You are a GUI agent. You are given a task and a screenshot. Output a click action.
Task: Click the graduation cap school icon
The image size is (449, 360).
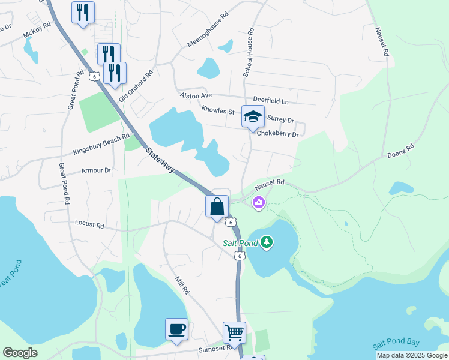pos(253,116)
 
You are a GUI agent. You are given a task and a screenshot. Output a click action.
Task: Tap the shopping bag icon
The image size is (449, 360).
pos(217,206)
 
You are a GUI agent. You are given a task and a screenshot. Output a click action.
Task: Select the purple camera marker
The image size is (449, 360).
pos(259,203)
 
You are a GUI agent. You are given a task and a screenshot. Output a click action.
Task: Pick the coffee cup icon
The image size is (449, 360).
pos(176,329)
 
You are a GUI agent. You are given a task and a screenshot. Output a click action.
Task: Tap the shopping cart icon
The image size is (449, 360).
pos(234,332)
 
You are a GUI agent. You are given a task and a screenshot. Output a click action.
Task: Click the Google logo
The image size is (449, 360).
pos(20,353)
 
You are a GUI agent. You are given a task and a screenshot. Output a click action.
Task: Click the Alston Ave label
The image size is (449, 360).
pos(196,95)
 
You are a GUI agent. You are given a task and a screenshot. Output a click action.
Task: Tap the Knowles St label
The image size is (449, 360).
pos(217,110)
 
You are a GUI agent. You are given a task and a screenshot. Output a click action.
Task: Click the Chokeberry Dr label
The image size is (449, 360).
pos(277,134)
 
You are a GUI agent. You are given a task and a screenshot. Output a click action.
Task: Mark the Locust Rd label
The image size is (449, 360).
pos(89,224)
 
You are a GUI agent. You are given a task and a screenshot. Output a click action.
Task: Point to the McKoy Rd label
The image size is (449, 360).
pos(37,31)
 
